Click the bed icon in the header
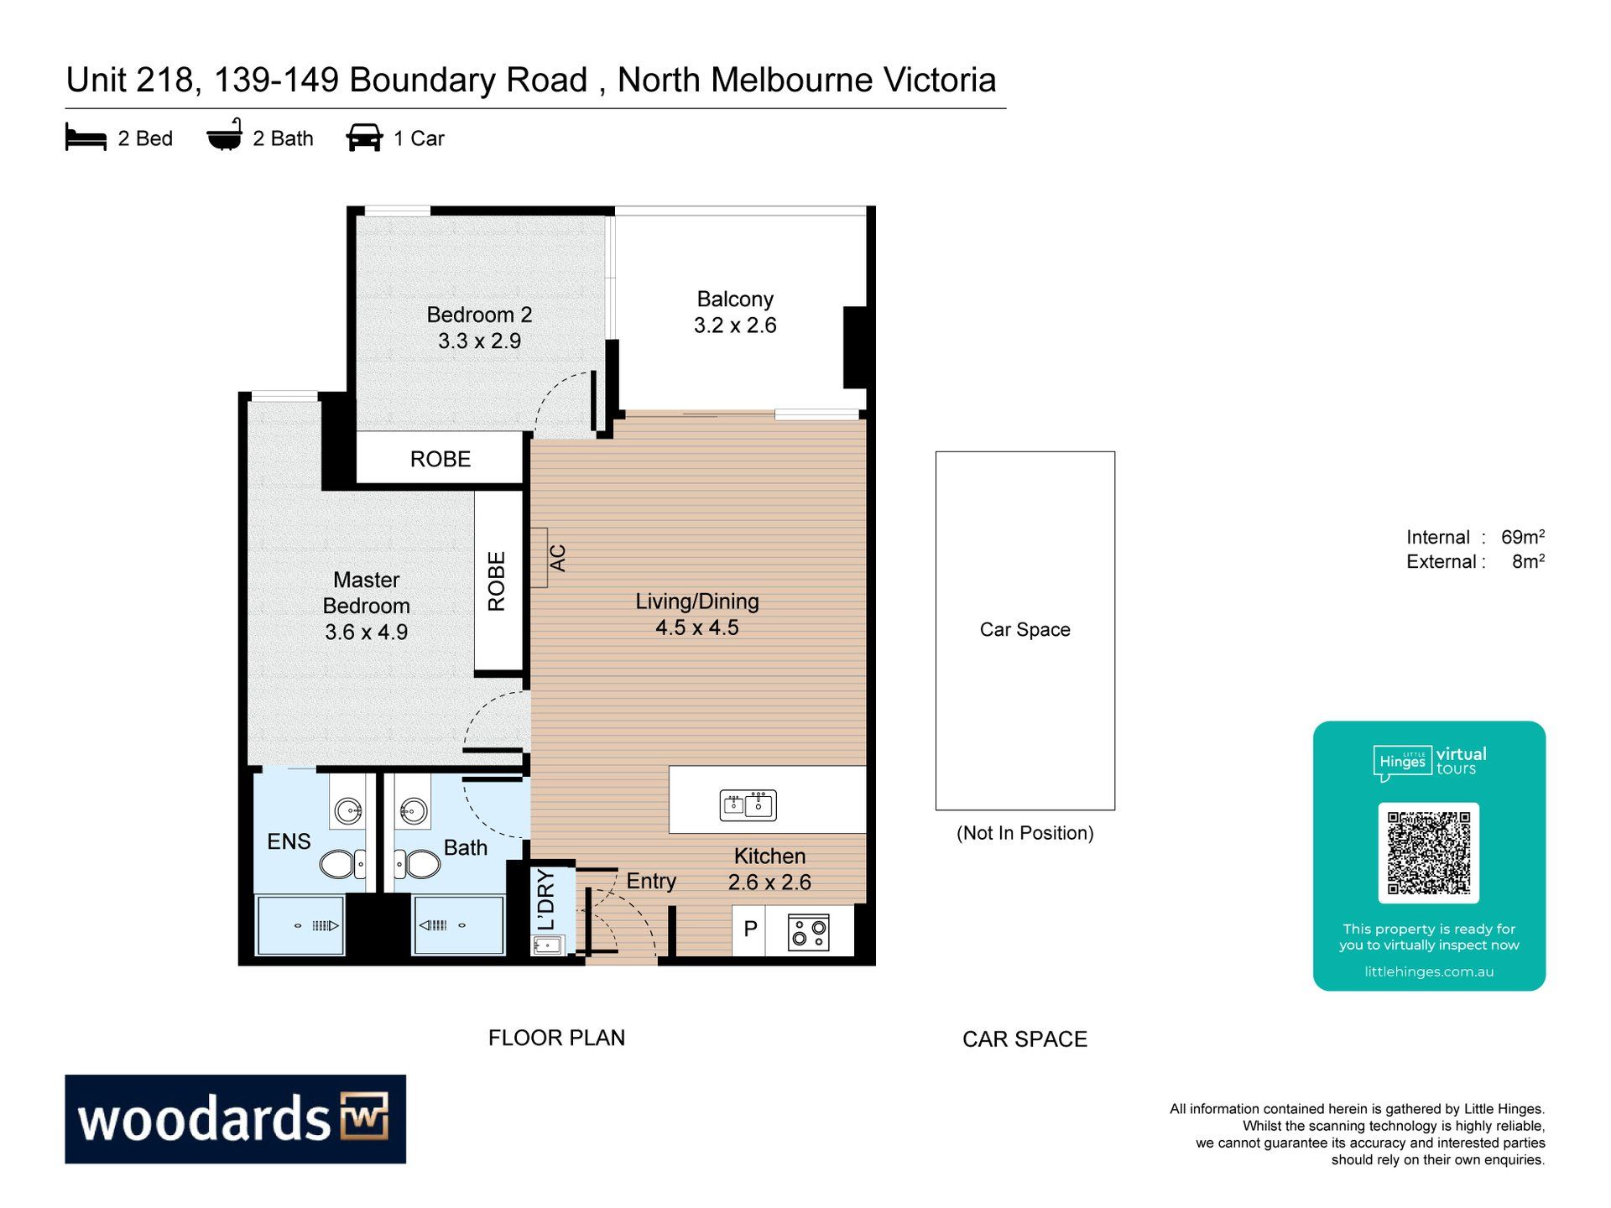[x=86, y=137]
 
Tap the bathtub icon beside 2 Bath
[x=225, y=135]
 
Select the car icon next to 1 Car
[x=364, y=138]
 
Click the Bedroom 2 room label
[x=479, y=327]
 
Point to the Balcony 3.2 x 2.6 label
[x=735, y=312]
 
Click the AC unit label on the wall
[x=558, y=558]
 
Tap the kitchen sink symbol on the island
[x=748, y=805]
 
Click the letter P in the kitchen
[x=751, y=929]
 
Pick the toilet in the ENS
[x=342, y=863]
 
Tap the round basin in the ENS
[x=347, y=811]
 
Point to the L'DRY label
[x=546, y=900]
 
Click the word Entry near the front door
[x=651, y=881]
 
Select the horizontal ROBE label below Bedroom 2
[x=441, y=459]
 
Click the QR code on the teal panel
[x=1429, y=853]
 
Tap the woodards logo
[x=236, y=1119]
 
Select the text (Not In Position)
[x=1025, y=833]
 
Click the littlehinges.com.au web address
[x=1429, y=971]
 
